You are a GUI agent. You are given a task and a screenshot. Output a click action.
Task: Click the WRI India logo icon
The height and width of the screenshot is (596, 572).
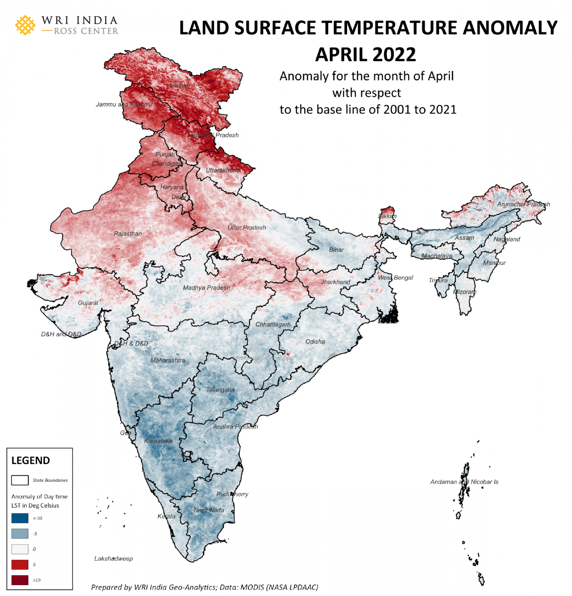tap(25, 25)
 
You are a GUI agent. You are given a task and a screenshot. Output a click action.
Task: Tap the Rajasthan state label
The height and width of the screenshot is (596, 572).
tap(128, 233)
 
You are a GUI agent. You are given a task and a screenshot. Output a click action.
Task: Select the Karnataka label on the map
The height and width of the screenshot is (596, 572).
tap(158, 441)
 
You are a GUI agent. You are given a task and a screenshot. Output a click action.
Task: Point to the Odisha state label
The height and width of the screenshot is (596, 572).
tap(315, 342)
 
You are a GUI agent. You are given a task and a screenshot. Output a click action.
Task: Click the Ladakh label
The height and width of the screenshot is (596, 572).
tap(180, 85)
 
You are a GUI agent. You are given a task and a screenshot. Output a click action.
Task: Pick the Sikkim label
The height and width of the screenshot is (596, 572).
tap(387, 217)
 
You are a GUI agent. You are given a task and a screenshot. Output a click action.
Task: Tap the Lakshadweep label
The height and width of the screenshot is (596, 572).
tap(114, 559)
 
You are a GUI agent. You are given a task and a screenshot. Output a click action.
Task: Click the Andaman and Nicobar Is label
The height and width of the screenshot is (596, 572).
tap(464, 482)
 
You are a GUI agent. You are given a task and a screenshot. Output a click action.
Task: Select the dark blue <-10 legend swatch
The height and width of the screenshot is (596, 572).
tap(20, 518)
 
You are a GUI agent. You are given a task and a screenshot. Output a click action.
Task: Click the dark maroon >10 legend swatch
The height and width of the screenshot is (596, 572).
tap(20, 580)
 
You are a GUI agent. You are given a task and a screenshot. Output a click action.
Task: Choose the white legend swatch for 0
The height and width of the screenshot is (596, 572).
tap(20, 549)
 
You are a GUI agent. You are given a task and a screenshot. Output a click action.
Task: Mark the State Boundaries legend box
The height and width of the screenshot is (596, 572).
tap(20, 480)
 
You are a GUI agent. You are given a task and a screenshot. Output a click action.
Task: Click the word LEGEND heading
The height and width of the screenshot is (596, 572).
tap(31, 460)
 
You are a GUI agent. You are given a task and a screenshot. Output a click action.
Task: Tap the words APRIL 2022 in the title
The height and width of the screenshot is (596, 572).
tap(365, 54)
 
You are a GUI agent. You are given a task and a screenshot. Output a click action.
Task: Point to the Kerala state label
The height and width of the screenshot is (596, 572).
tap(166, 517)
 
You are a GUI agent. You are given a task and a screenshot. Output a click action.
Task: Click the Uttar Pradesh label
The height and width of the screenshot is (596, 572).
tap(247, 227)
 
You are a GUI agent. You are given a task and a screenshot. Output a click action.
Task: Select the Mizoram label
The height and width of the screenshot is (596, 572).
tap(465, 292)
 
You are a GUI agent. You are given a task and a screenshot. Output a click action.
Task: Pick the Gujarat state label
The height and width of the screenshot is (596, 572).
tap(88, 303)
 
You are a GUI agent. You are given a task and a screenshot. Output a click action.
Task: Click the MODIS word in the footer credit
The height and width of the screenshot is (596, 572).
tap(253, 587)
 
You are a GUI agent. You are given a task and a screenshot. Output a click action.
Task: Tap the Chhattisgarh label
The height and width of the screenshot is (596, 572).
tap(273, 324)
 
